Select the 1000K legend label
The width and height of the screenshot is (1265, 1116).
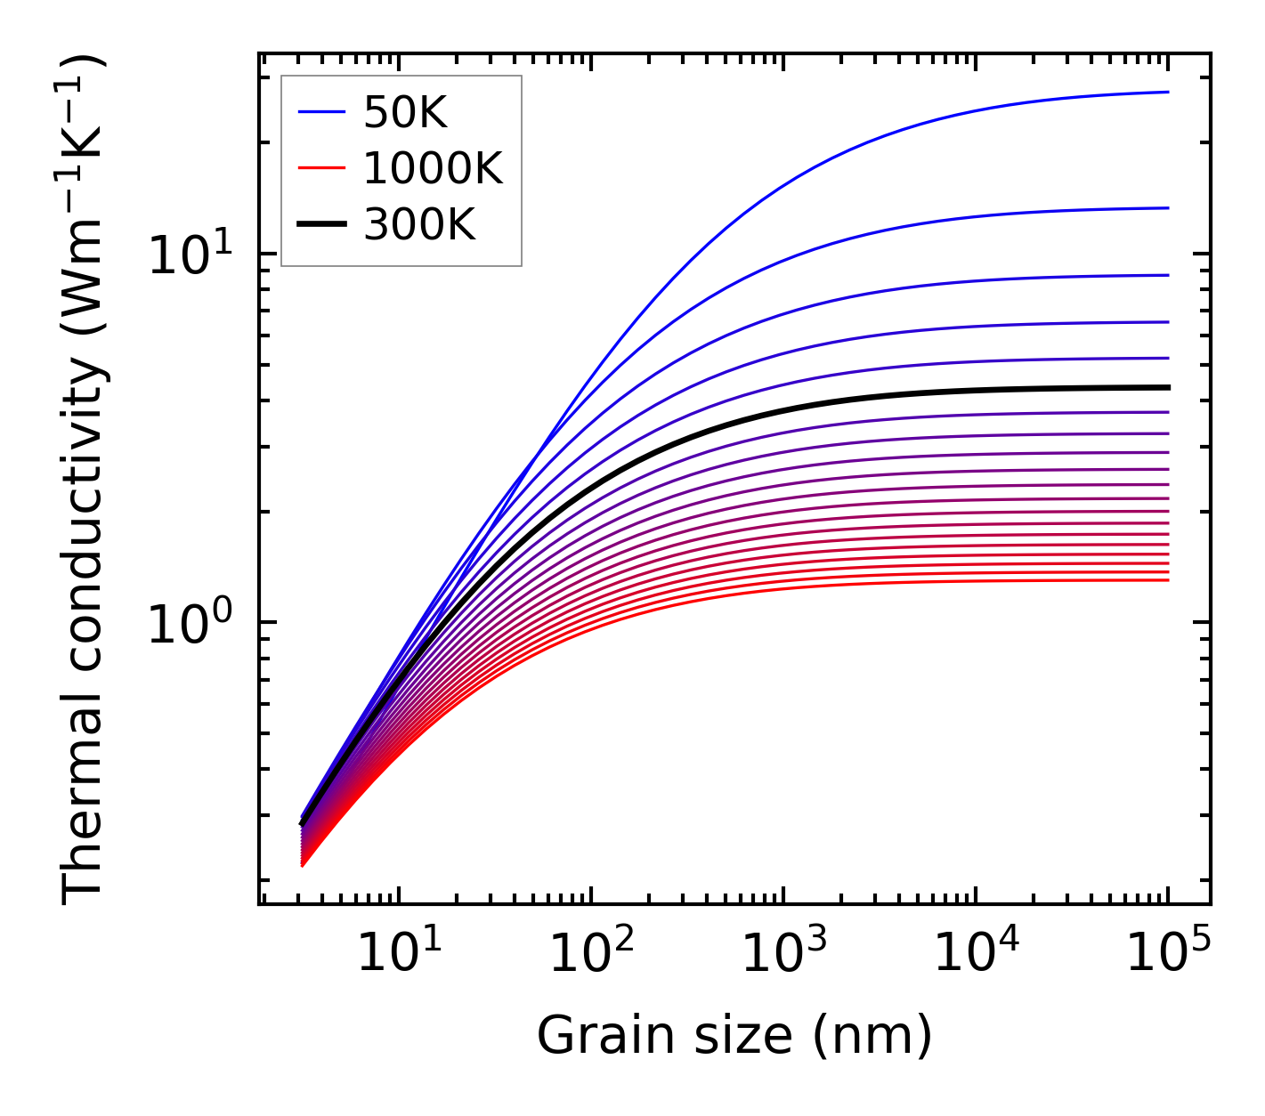433,168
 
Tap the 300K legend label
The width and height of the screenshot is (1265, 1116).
419,225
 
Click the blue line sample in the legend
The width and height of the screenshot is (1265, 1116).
320,112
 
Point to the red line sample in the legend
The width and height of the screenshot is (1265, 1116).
320,168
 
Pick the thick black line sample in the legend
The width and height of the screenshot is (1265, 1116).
320,225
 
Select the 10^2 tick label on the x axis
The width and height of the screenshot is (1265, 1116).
590,956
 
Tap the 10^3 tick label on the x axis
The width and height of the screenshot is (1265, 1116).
783,956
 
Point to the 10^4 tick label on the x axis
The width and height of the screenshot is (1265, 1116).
976,956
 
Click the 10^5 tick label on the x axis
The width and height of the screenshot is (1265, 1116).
1168,956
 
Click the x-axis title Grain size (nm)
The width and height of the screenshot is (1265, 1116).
734,1036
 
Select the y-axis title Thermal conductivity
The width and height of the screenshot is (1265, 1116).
84,481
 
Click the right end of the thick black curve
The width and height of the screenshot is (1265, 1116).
1167,387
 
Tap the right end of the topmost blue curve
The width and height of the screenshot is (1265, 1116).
1167,92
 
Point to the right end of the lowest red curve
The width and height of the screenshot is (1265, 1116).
1167,580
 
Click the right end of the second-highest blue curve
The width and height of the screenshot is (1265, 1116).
1167,208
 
